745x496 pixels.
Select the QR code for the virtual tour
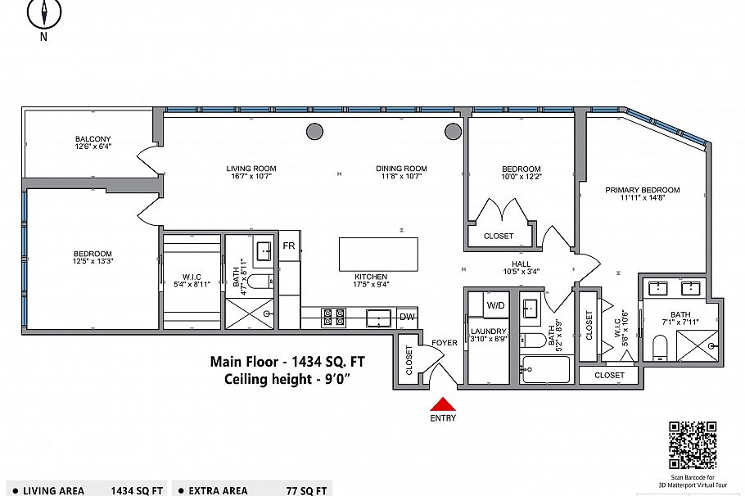point(693,445)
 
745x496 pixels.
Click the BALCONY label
point(93,139)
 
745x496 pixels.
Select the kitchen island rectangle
point(378,255)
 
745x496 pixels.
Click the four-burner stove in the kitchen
point(332,317)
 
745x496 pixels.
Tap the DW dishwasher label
point(407,318)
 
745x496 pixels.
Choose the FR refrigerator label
point(288,246)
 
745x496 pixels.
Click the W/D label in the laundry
point(496,305)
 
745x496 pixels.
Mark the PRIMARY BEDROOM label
point(642,190)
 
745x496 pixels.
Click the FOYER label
point(444,343)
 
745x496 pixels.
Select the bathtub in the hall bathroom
point(545,369)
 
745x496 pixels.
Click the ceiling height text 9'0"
point(340,379)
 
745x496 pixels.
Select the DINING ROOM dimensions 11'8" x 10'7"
point(401,176)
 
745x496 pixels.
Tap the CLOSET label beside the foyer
point(409,360)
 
